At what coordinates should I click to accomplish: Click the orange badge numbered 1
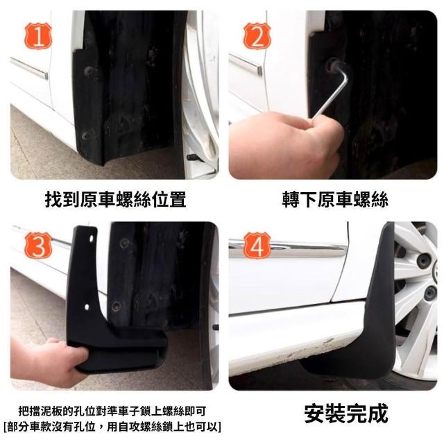click(38, 36)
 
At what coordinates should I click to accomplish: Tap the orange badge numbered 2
click(257, 36)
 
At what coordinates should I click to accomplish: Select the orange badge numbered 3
click(38, 245)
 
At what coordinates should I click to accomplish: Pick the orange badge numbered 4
click(257, 245)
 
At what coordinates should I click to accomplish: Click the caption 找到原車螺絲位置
click(116, 200)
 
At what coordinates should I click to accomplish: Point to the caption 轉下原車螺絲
click(335, 200)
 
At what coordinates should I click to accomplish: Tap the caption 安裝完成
click(346, 413)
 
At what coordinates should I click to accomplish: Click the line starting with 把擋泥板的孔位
click(112, 411)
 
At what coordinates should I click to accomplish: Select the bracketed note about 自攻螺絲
click(112, 427)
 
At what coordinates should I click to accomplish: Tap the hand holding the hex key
click(286, 144)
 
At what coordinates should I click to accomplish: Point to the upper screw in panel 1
click(89, 71)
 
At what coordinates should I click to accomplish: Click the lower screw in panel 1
click(85, 136)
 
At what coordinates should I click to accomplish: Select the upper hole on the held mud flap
click(91, 239)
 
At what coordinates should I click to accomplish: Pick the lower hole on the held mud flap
click(87, 307)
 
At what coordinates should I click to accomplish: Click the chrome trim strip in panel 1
click(29, 68)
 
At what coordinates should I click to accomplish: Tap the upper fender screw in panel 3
click(124, 243)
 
